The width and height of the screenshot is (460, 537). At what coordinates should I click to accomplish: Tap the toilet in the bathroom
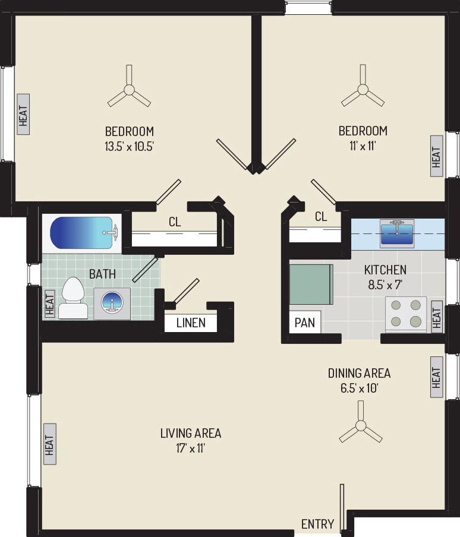tap(73, 298)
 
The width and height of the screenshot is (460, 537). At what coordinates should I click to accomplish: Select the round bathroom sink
tap(112, 304)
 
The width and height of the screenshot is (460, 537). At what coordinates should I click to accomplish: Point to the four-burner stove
tap(406, 314)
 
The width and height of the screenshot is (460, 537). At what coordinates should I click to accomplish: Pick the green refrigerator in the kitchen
tap(311, 285)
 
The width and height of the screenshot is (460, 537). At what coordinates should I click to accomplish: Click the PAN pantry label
tap(304, 323)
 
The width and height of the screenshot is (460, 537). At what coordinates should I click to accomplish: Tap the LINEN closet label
tap(191, 323)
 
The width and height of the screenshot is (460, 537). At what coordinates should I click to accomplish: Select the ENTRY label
tap(317, 524)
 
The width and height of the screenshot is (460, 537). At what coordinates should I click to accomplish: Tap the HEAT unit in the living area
tap(50, 444)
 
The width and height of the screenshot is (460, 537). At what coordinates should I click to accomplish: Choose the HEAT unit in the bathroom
tap(50, 303)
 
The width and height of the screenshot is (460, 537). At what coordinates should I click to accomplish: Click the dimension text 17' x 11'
tap(190, 448)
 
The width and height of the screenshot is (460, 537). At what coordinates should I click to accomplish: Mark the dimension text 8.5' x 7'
tap(385, 285)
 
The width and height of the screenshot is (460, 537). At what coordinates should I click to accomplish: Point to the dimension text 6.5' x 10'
tap(360, 388)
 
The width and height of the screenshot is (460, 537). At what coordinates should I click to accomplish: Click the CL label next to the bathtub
tap(175, 222)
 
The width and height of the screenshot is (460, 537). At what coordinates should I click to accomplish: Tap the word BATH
tap(102, 274)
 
